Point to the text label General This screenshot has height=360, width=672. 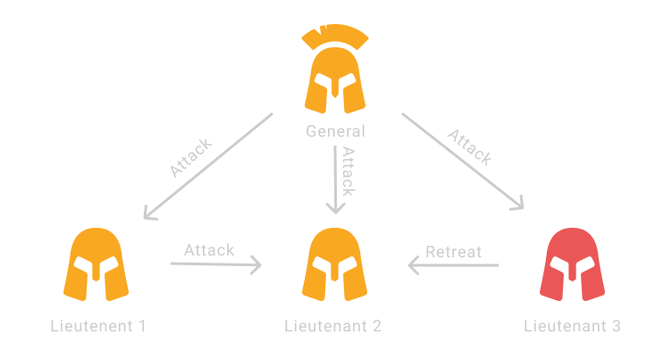coord(335,131)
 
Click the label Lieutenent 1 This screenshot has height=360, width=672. coord(97,326)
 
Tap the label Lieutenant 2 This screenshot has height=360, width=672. coord(332,326)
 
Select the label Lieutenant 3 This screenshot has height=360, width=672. coord(572,326)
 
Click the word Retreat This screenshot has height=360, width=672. coord(453,251)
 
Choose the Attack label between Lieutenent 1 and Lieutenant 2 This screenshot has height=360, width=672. coord(209,249)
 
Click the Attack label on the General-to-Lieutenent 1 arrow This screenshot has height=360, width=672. coord(190,157)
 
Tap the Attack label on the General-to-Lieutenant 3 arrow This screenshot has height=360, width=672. coord(470,147)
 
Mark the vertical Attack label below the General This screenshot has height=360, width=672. coord(349,172)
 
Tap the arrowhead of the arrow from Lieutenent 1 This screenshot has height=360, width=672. coord(257,264)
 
